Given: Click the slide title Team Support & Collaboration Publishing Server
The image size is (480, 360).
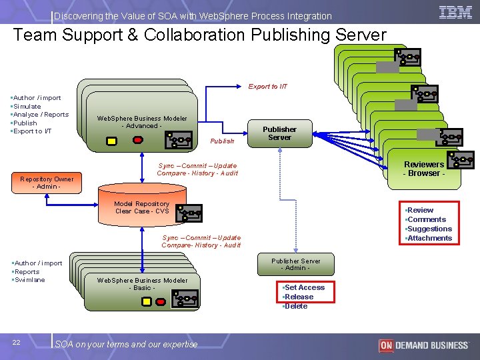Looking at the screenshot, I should [x=199, y=35].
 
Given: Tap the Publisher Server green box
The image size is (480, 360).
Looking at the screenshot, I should [x=279, y=133].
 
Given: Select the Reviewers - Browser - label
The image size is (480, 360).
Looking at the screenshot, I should [x=423, y=169].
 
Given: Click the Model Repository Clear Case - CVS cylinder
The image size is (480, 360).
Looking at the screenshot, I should [x=142, y=207].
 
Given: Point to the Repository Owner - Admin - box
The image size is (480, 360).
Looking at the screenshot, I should [x=47, y=182].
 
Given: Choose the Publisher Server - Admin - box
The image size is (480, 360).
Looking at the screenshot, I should [x=295, y=265].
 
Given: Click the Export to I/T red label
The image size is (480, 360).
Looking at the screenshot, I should [x=268, y=87].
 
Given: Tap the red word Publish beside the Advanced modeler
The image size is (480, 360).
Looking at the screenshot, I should [x=222, y=141].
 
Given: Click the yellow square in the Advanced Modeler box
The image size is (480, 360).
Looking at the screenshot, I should [x=112, y=141].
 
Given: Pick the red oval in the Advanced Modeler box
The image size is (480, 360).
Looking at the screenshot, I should [x=138, y=140].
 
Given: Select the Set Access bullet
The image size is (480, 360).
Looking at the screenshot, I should [x=304, y=287].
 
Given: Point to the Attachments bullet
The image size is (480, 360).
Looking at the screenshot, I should [x=429, y=238].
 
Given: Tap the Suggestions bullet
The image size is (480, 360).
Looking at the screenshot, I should [x=429, y=229].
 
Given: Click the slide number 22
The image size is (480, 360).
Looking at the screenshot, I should [x=16, y=343].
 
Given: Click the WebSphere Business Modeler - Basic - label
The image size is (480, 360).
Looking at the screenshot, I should [x=142, y=284].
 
